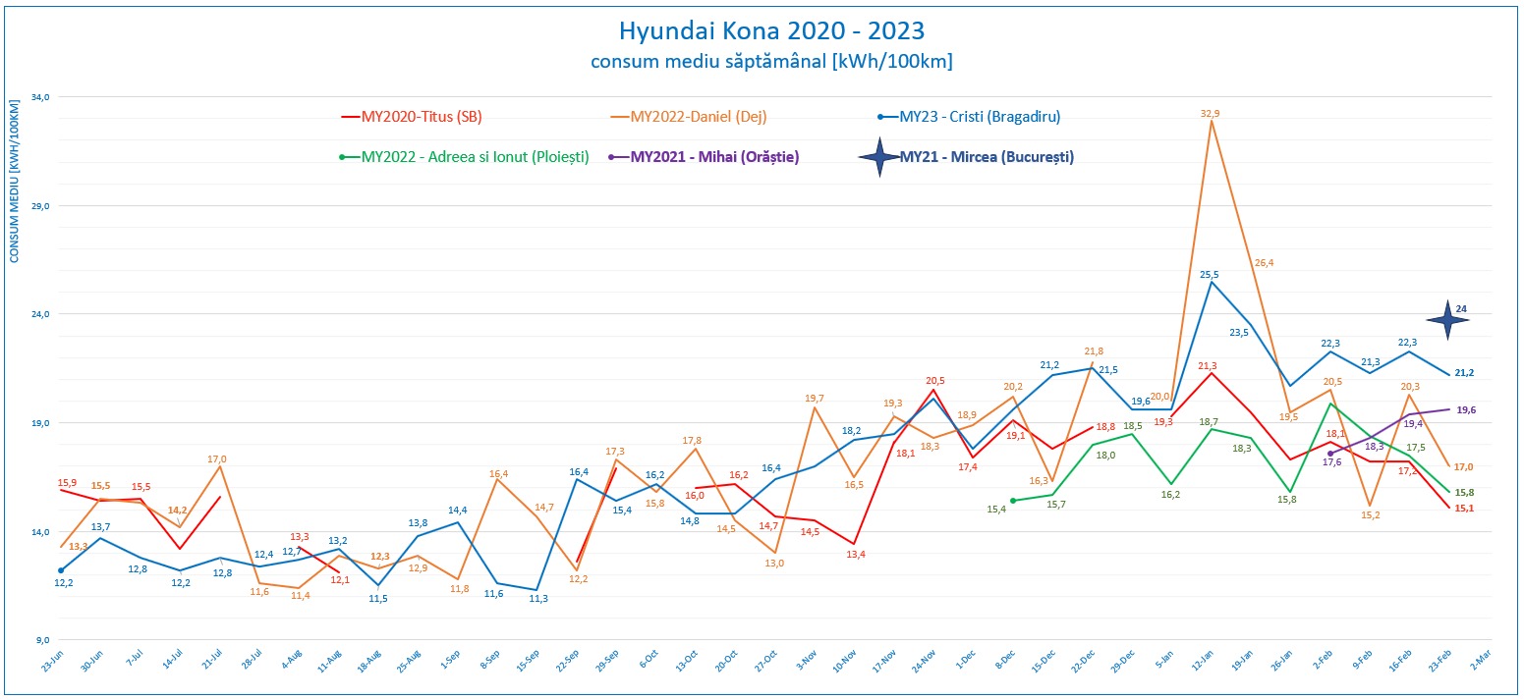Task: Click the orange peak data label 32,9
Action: coord(1210,114)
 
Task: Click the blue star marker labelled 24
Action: coord(1446,318)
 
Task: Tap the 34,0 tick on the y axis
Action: coord(40,97)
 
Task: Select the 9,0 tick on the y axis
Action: coord(42,640)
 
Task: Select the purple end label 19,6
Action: coord(1466,410)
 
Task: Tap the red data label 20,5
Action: coord(934,381)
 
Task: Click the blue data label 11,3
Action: coord(538,599)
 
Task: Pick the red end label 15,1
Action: coord(1463,509)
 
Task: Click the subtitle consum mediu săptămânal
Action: coord(771,62)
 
